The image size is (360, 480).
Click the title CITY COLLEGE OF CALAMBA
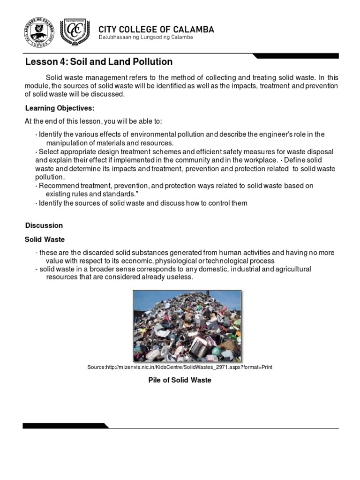[x=156, y=30]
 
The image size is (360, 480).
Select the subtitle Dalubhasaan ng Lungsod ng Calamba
[x=145, y=38]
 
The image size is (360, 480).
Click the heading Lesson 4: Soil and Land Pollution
[x=98, y=62]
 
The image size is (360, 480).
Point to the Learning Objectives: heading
[x=60, y=108]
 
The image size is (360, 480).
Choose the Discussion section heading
[x=44, y=225]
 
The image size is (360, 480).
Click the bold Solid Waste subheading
[x=45, y=239]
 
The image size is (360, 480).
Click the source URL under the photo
[x=180, y=367]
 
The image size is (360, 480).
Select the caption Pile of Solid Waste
[x=180, y=380]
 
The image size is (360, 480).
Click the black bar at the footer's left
[x=66, y=426]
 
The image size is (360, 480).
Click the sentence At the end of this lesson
[x=93, y=121]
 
